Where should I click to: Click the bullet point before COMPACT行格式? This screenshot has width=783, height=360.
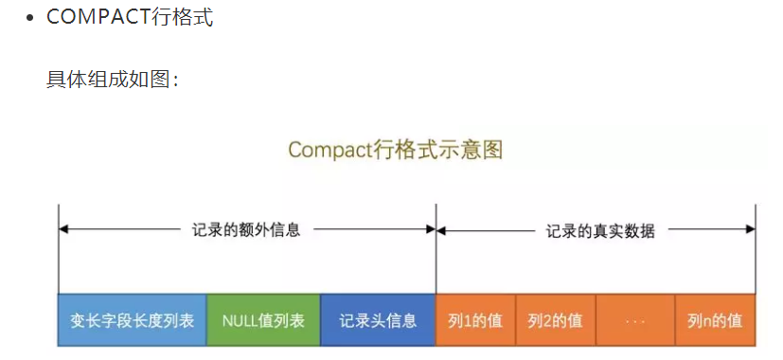tap(31, 18)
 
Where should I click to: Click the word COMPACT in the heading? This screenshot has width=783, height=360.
tap(98, 18)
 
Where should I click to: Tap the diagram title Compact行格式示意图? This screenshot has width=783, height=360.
tap(395, 150)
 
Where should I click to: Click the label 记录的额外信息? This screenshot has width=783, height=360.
tap(246, 229)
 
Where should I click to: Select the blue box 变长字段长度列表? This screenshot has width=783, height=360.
tap(133, 320)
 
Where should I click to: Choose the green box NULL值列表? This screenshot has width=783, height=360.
tap(263, 320)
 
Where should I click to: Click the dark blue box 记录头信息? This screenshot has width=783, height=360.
tap(378, 320)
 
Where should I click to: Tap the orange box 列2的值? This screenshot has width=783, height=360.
tap(555, 320)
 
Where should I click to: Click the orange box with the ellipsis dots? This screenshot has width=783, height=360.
tap(635, 320)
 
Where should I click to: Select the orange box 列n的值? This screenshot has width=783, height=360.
tap(715, 320)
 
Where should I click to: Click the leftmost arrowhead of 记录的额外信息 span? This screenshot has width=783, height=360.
tap(63, 229)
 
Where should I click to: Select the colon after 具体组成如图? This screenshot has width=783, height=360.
tap(176, 80)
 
